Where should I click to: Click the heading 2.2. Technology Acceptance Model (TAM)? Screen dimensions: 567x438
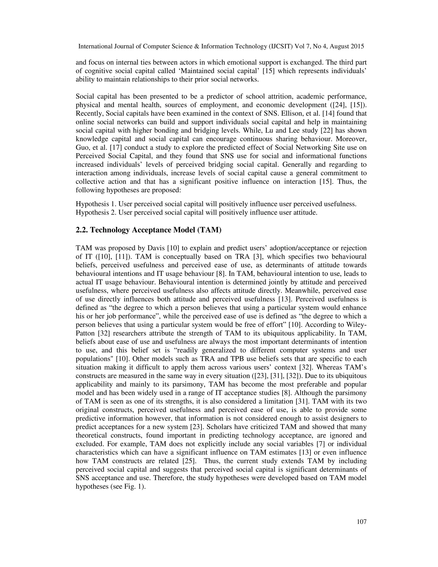(148, 230)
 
